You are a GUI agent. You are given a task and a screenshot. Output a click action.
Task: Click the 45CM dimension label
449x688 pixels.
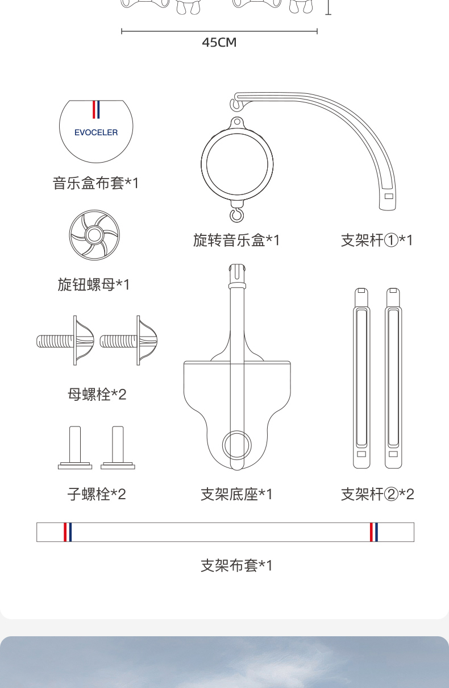coord(219,43)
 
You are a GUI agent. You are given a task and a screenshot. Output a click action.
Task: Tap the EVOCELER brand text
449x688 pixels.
coord(96,132)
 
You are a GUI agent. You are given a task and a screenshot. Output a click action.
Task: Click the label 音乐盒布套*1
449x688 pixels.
coord(96,183)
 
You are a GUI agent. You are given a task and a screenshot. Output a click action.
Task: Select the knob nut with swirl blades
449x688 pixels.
coord(94,235)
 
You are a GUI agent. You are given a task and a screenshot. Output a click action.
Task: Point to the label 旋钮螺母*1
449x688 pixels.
coord(94,284)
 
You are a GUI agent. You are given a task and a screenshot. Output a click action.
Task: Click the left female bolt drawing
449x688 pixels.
coord(65,341)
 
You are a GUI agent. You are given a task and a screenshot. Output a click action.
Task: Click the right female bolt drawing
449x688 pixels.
coord(128,341)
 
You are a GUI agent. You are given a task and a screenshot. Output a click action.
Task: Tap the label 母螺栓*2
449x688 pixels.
coord(97,395)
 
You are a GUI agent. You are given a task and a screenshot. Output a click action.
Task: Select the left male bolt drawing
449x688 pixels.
coord(75,447)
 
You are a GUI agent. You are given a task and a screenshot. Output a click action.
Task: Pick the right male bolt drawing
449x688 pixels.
coord(118,447)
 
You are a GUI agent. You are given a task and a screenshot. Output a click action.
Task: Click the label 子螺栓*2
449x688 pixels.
coord(97,494)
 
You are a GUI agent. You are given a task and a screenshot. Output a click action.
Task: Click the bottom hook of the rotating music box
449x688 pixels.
coord(237,214)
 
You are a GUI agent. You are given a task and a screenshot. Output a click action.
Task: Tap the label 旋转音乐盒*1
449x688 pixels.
coord(236,240)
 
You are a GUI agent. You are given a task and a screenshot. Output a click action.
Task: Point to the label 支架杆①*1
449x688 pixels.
coord(377,240)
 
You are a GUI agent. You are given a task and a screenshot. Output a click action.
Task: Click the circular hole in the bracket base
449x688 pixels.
coord(237,445)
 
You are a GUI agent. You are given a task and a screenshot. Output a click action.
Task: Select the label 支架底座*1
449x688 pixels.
coord(236,494)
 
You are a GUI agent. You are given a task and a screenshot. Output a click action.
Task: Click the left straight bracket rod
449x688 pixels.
coord(361,378)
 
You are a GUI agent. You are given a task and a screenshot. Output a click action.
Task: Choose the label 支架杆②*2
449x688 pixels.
coord(377,494)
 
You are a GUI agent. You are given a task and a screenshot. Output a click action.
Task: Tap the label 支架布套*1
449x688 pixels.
coord(236,565)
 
